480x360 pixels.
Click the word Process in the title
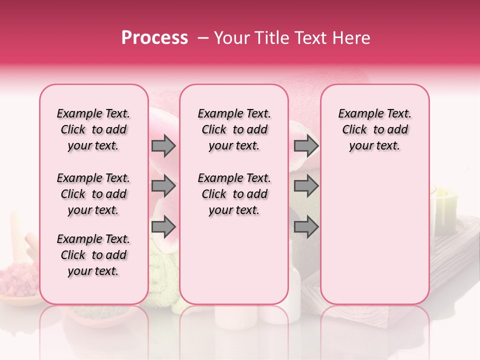[x=154, y=38]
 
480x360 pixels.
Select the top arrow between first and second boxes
[x=163, y=146]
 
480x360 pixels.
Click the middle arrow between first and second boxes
[x=163, y=186]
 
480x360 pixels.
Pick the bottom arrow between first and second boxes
[x=163, y=226]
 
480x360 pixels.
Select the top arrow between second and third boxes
[x=306, y=146]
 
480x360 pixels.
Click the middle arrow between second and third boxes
[x=306, y=186]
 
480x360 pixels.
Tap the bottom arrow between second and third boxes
[x=306, y=226]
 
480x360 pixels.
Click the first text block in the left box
[x=93, y=129]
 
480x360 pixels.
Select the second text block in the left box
[x=93, y=194]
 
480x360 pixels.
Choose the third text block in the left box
[x=93, y=255]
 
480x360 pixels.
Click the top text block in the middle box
[x=234, y=129]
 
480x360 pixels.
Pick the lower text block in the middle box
[x=234, y=194]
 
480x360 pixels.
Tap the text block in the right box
[x=374, y=129]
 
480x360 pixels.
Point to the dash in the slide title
[x=202, y=38]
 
